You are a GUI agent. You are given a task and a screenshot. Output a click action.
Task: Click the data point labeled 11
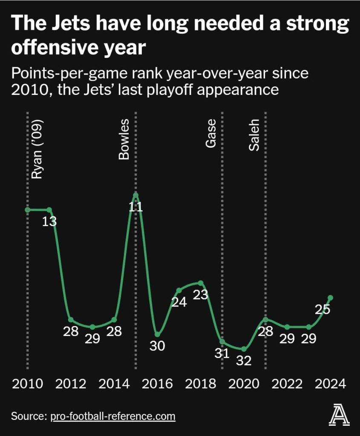pos(135,195)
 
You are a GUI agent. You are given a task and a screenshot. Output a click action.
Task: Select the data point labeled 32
pos(244,349)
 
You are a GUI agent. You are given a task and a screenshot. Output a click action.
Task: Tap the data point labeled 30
pos(157,334)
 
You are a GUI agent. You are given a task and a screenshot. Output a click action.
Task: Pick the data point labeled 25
pos(330,298)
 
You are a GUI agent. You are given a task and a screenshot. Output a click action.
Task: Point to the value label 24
pos(179,302)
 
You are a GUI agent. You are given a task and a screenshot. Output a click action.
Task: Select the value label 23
pos(200,295)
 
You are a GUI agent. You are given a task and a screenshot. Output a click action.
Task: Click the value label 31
pos(222,353)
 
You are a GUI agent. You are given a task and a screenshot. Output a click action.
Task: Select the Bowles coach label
pos(124,140)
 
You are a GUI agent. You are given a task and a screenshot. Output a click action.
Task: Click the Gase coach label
pos(211,134)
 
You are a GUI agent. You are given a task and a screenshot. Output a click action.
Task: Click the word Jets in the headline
pos(63,24)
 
